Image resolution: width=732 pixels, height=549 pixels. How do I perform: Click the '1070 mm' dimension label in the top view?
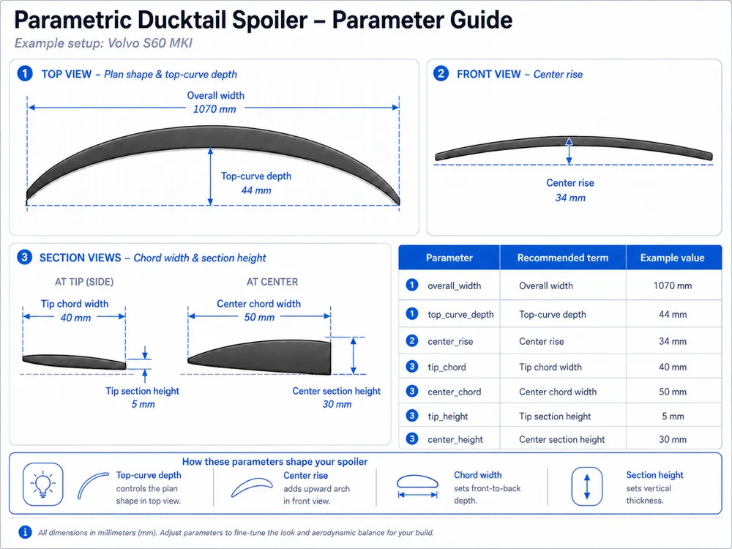214,109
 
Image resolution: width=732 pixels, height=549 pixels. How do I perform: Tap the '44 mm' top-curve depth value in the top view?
256,190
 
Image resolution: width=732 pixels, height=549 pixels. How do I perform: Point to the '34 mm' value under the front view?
570,198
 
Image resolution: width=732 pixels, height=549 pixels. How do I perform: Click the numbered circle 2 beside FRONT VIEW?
441,74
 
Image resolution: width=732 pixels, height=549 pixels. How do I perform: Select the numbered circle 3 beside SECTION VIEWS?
24,257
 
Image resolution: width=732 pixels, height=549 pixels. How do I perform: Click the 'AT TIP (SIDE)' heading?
84,282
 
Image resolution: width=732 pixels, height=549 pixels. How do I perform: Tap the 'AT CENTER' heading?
272,282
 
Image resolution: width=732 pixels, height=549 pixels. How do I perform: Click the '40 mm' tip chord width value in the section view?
75,318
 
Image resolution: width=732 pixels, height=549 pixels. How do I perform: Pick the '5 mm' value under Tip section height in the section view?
143,404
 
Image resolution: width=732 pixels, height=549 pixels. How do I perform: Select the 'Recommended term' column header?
562,258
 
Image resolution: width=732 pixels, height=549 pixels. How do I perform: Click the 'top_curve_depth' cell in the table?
460,315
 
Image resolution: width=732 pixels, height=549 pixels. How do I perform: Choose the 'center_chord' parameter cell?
455,392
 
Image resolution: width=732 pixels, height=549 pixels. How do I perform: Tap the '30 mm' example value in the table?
672,439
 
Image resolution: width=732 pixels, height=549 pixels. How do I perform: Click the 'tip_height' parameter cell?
448,417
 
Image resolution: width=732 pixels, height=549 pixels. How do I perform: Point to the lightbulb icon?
42,484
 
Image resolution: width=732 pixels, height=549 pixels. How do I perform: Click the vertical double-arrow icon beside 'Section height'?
587,487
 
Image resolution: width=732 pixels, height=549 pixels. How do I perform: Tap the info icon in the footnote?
25,532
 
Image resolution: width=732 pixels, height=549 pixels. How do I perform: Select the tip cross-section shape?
74,362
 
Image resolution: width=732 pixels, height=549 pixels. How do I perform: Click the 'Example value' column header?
672,258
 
